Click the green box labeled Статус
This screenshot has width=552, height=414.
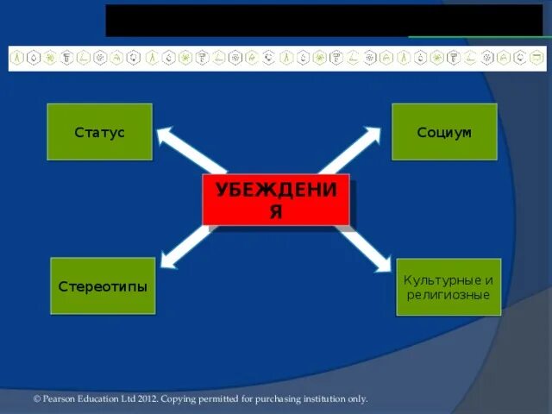click(x=99, y=132)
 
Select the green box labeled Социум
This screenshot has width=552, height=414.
click(x=444, y=132)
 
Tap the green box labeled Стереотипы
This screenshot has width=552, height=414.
click(x=103, y=285)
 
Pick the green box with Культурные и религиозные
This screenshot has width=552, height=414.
click(x=448, y=287)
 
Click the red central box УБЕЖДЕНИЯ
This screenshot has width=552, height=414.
click(x=275, y=200)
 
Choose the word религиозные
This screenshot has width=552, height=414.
click(x=448, y=295)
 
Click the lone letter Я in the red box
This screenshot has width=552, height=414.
click(x=275, y=212)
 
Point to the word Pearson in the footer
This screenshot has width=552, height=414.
click(x=61, y=398)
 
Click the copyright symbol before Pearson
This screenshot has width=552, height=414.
click(x=37, y=398)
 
